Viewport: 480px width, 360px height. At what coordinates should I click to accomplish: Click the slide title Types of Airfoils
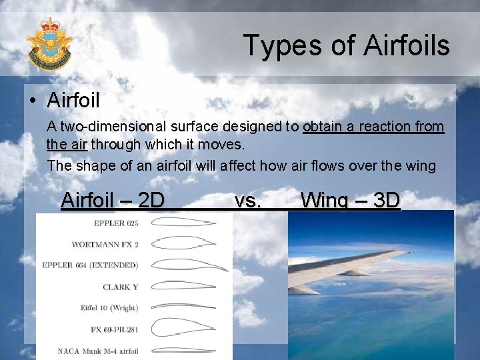point(346,45)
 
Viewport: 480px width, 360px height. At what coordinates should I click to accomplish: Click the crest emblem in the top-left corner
point(49,43)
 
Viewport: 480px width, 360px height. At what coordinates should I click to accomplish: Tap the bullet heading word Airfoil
point(73,101)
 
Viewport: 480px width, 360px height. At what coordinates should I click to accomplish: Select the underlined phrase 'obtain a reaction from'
point(373,127)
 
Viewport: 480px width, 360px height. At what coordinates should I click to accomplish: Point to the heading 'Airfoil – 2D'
point(113,200)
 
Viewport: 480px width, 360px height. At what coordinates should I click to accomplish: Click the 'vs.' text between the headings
point(248,200)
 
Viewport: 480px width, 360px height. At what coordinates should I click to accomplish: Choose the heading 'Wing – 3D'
point(350,200)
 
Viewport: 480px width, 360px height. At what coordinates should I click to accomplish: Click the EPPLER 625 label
point(116,223)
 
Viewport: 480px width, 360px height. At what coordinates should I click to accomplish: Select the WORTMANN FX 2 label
point(105,244)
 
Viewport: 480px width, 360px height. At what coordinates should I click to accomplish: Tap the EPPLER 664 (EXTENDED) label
point(90,265)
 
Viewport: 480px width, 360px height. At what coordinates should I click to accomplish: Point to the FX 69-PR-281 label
point(115,329)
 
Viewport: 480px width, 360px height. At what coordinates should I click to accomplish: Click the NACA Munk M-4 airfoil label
point(98,351)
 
